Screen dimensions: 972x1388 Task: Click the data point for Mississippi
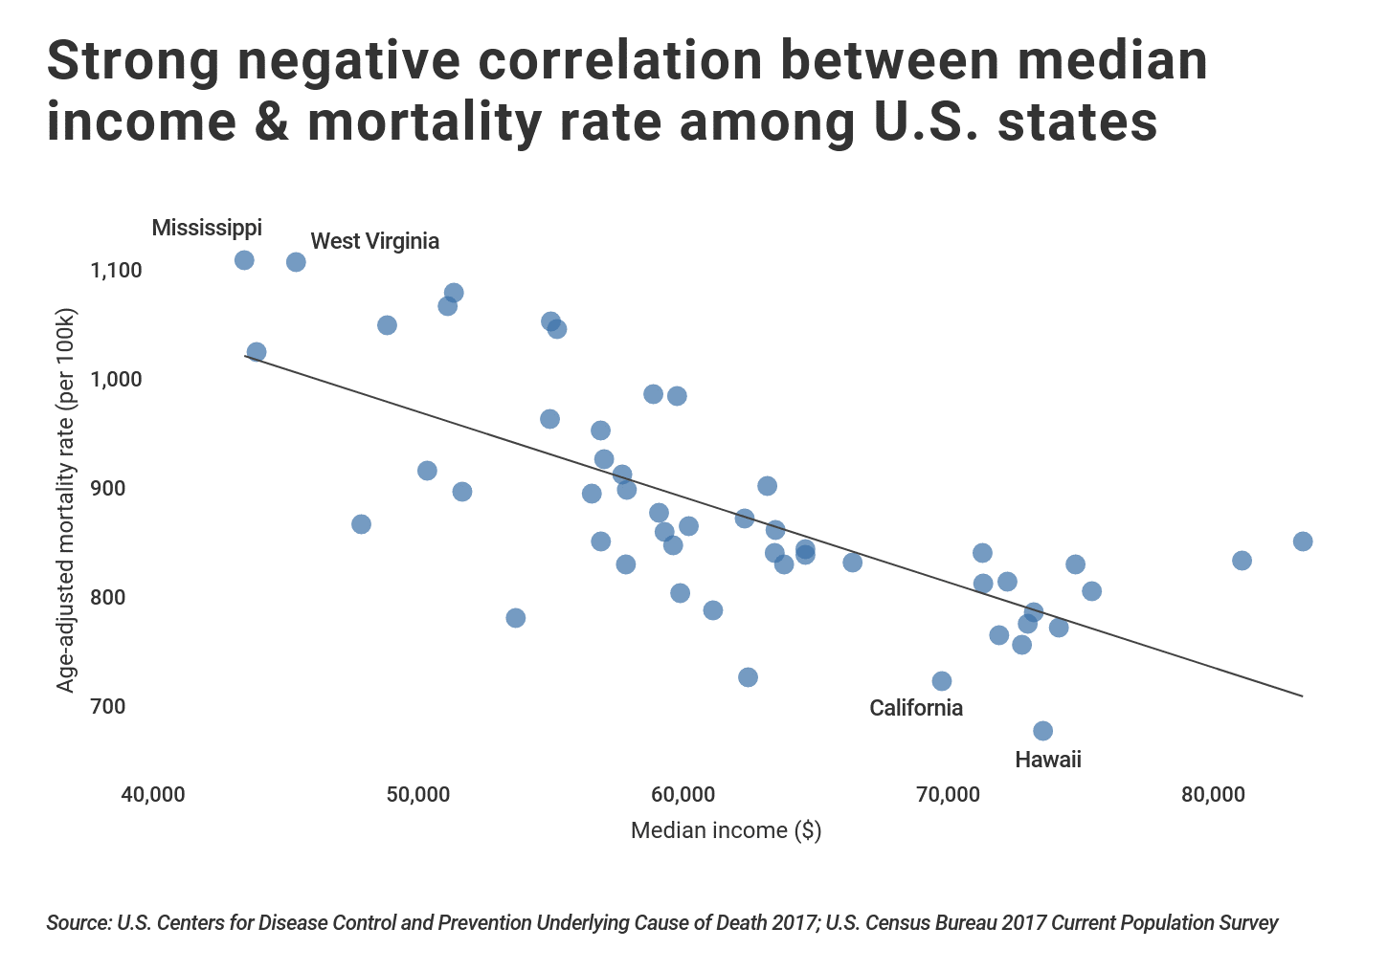click(x=244, y=260)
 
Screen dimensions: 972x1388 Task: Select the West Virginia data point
click(x=296, y=262)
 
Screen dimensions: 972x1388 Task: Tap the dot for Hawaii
click(x=1042, y=731)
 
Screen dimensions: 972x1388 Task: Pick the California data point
click(x=941, y=681)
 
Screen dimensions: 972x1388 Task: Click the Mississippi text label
click(x=207, y=228)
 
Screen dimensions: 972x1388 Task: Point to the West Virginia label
click(x=374, y=241)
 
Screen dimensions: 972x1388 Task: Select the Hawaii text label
click(x=1047, y=760)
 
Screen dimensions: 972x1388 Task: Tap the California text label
click(x=915, y=708)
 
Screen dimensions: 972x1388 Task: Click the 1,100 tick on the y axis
click(x=116, y=271)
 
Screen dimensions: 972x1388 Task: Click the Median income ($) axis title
click(x=726, y=830)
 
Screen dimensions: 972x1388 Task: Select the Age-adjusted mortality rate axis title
click(x=65, y=500)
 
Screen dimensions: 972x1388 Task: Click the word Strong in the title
click(x=132, y=61)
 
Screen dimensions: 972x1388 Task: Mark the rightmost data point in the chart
click(x=1302, y=541)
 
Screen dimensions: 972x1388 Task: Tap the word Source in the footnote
click(x=78, y=923)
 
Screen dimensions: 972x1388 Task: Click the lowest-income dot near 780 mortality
click(x=515, y=618)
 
